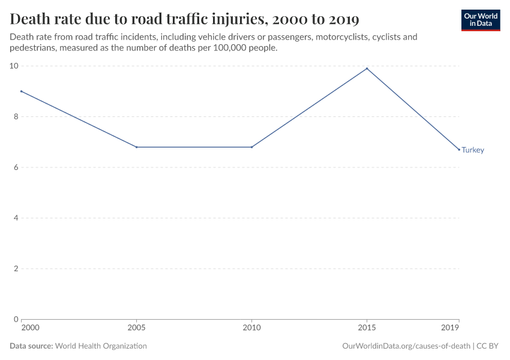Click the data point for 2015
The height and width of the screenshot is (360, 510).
click(367, 68)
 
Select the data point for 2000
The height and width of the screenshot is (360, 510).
click(21, 91)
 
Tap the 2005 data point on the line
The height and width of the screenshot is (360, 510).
click(137, 147)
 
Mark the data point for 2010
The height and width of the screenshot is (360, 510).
click(251, 147)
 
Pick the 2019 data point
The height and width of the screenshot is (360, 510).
click(459, 149)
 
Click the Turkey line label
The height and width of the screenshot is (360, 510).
click(473, 150)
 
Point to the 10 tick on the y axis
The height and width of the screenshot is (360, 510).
click(13, 66)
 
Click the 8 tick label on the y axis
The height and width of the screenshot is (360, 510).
click(15, 116)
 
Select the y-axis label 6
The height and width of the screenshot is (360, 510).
click(15, 167)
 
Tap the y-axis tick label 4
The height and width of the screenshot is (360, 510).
click(15, 218)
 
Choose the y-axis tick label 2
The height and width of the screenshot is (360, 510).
click(15, 268)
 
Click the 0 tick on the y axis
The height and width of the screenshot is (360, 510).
click(15, 319)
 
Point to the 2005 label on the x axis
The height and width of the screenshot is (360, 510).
click(137, 328)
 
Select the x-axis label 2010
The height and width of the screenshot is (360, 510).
click(251, 328)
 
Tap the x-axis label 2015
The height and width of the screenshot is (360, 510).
click(367, 328)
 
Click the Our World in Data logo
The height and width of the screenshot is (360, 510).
click(480, 20)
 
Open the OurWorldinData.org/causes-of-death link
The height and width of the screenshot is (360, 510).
click(406, 346)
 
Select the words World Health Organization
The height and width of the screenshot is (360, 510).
click(101, 346)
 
